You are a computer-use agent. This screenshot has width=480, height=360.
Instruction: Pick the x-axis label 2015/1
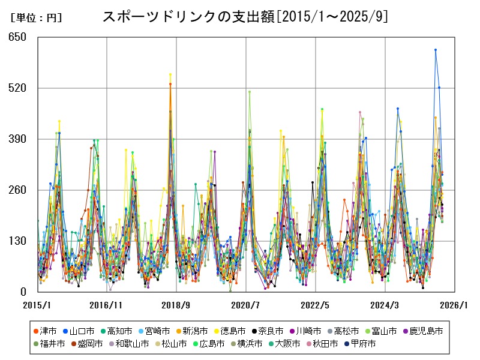[x=37, y=305]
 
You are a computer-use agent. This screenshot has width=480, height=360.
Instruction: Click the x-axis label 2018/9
[x=176, y=305]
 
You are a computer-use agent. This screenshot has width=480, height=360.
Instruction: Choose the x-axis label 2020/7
[x=246, y=305]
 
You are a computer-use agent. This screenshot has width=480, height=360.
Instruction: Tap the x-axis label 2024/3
[x=385, y=305]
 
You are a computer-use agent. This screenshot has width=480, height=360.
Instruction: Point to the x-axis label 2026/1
[x=455, y=305]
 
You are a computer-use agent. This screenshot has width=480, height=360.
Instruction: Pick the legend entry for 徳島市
[x=226, y=331]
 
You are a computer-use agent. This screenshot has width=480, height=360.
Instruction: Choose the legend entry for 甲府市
[x=362, y=344]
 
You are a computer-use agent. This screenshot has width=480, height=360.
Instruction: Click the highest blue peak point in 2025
[x=436, y=50]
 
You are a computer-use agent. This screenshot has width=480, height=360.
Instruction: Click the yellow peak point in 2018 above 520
[x=170, y=74]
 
